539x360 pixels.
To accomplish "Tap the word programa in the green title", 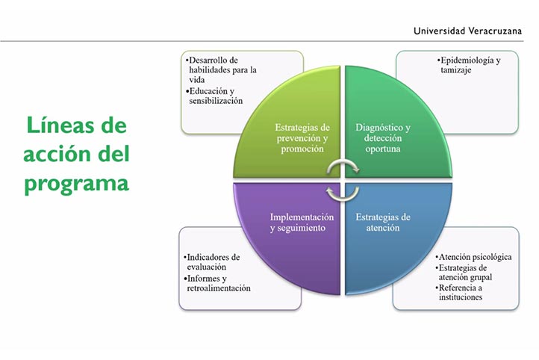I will click(x=75, y=183).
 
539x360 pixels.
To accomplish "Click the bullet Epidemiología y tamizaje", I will click(x=470, y=64).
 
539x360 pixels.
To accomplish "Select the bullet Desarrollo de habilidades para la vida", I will click(x=223, y=70).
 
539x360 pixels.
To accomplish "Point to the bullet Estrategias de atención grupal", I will click(x=467, y=272).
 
